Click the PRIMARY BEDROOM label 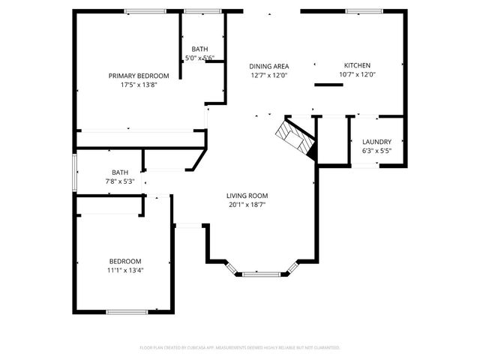(x=139, y=76)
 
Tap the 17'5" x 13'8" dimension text (x=139, y=85)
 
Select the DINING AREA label (x=269, y=66)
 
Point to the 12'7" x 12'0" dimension (x=269, y=75)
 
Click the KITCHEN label (x=357, y=65)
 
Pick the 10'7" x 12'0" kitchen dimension (x=357, y=74)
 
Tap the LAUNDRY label (x=376, y=142)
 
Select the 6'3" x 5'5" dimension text (x=376, y=151)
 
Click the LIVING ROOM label (x=247, y=195)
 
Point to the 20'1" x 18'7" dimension (x=247, y=204)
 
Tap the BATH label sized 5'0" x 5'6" (x=199, y=49)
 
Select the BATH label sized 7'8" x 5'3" (x=120, y=172)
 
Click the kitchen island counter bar (x=328, y=85)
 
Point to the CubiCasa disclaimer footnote (x=240, y=348)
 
